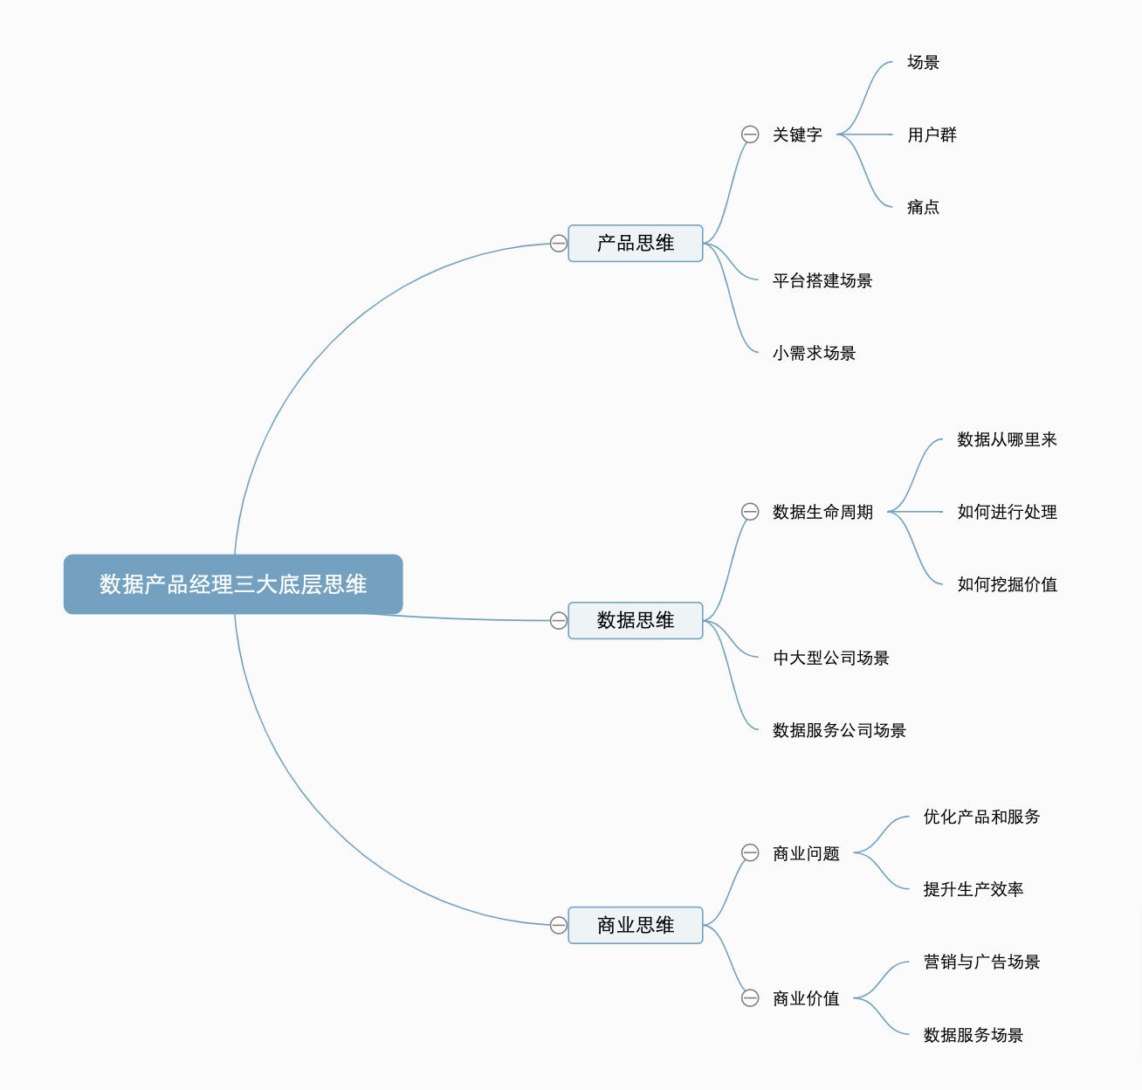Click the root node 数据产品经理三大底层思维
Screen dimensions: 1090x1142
pos(233,584)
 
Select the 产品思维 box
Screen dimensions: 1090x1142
pos(636,244)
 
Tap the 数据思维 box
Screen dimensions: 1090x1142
pos(636,621)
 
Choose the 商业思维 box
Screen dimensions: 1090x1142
pos(636,926)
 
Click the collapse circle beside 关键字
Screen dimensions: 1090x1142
pos(750,135)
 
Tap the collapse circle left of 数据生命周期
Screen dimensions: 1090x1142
pos(750,512)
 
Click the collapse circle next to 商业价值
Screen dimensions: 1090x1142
pos(750,998)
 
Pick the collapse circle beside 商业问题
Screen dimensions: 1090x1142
pos(750,852)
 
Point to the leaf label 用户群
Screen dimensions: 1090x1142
pos(932,135)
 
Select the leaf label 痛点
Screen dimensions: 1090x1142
pos(923,208)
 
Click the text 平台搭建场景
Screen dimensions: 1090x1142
pos(822,281)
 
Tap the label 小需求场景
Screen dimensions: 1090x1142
pos(814,354)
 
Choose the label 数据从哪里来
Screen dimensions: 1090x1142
pos(1007,440)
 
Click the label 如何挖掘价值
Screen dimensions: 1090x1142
pos(1007,585)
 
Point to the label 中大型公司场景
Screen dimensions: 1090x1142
pos(830,659)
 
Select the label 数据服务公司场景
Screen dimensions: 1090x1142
pos(839,731)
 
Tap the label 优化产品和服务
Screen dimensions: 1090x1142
pos(981,817)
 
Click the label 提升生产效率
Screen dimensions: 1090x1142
pos(973,890)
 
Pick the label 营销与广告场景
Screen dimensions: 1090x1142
pos(981,962)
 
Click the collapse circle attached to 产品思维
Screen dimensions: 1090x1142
pos(559,244)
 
